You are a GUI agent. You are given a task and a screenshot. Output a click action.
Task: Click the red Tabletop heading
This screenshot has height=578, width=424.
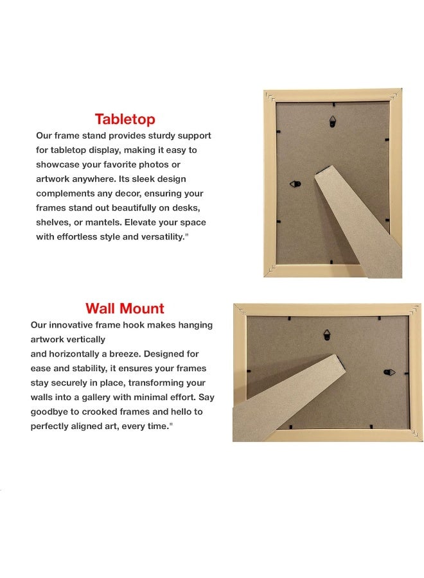(x=125, y=119)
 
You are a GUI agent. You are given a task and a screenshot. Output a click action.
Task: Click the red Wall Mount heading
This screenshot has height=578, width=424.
(x=125, y=308)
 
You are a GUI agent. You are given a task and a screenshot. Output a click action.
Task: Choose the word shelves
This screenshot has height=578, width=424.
(x=53, y=222)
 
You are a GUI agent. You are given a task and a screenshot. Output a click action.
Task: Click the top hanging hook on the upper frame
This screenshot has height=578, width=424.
(x=333, y=119)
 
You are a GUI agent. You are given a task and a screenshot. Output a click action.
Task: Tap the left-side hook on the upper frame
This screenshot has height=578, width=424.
(x=295, y=184)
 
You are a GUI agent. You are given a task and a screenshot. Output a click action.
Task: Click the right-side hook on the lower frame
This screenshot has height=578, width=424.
(x=389, y=372)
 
